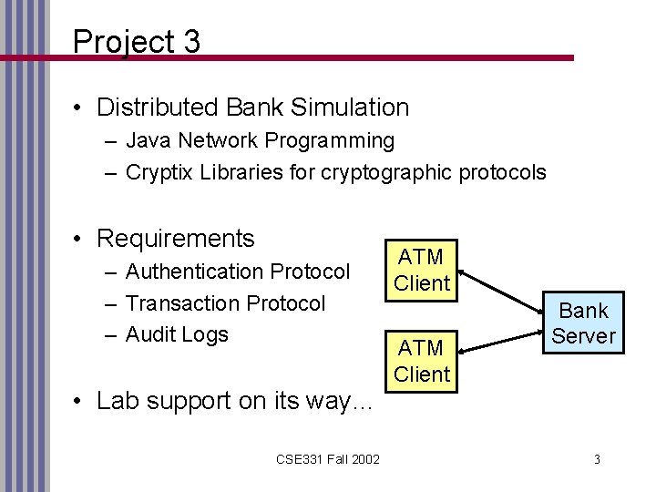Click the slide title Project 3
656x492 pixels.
pyautogui.click(x=136, y=41)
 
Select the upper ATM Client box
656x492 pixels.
pyautogui.click(x=423, y=270)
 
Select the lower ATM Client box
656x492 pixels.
pyautogui.click(x=423, y=360)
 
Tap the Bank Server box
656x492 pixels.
pyautogui.click(x=583, y=323)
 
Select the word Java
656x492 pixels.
pyautogui.click(x=147, y=141)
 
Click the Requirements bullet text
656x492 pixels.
pyautogui.click(x=175, y=239)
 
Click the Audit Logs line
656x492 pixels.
pyautogui.click(x=178, y=334)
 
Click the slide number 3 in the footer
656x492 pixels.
pyautogui.click(x=596, y=458)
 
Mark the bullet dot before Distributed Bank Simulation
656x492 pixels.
pyautogui.click(x=81, y=108)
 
